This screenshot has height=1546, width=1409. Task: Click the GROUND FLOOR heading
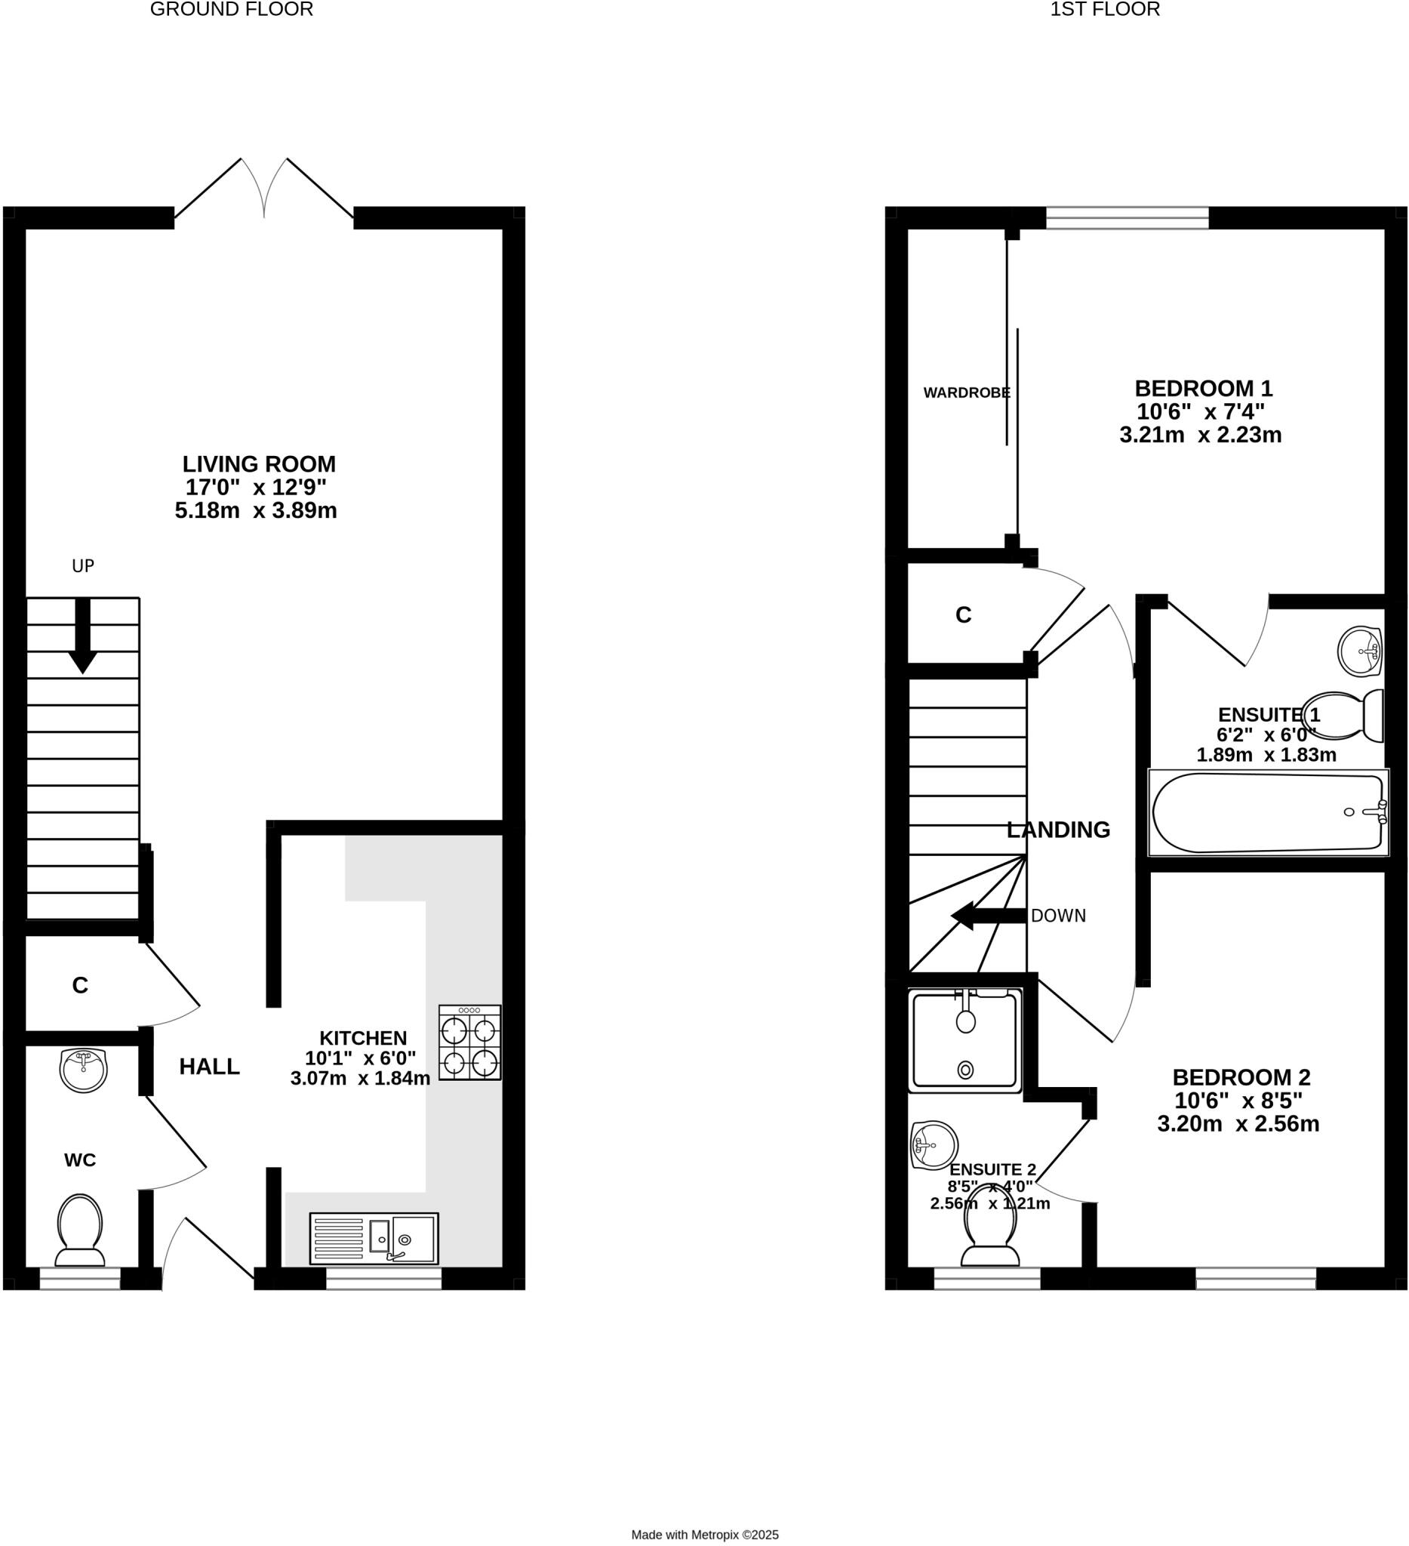point(232,9)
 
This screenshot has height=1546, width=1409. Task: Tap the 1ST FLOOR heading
point(1105,9)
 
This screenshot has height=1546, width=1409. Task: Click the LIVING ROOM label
point(258,464)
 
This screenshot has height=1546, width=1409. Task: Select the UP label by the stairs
point(83,566)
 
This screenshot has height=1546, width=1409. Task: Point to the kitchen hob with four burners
point(469,1043)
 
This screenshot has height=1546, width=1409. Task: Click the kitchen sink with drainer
point(374,1239)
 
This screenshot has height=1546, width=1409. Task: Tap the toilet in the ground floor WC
point(80,1230)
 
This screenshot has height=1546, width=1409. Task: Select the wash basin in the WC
point(83,1070)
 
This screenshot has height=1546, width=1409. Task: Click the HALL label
point(209,1067)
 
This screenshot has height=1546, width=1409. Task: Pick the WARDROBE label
point(967,393)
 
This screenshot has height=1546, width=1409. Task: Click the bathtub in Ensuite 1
point(1268,813)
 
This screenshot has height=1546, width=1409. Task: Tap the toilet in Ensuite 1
point(1342,716)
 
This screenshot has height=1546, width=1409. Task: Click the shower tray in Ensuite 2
point(965,1040)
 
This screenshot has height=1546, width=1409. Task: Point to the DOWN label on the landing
point(1058,916)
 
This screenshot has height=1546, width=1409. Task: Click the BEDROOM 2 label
point(1241,1077)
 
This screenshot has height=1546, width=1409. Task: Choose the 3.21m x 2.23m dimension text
point(1201,436)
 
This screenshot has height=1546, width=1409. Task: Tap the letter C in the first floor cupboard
point(963,615)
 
